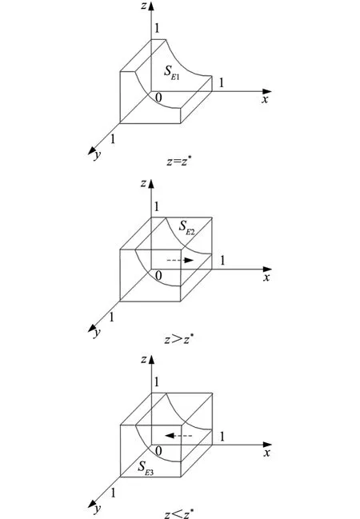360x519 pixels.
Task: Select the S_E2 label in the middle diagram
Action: click(x=186, y=228)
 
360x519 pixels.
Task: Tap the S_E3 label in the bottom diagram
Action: click(x=146, y=468)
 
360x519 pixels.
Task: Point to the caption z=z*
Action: click(x=179, y=162)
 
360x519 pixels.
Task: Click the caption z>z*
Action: click(x=179, y=339)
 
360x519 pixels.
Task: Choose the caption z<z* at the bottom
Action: click(x=179, y=514)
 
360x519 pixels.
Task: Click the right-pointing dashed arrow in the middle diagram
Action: click(x=180, y=260)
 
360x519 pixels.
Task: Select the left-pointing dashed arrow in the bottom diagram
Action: click(x=178, y=436)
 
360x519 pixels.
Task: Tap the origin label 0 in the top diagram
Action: click(x=158, y=98)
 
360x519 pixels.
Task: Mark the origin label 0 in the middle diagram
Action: click(x=158, y=275)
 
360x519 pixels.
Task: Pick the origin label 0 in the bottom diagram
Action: click(x=158, y=451)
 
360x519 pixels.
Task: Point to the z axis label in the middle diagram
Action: click(x=143, y=183)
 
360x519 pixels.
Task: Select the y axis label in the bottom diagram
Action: click(x=97, y=509)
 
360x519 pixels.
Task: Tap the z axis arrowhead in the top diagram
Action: click(x=151, y=6)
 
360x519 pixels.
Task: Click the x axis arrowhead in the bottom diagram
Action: click(x=267, y=445)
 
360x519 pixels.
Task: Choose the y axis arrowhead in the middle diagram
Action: click(x=91, y=329)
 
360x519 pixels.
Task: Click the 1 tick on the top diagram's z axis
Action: click(x=157, y=28)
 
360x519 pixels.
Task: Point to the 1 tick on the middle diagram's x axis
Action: click(x=222, y=261)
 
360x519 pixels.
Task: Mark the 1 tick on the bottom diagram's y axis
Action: click(x=114, y=493)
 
